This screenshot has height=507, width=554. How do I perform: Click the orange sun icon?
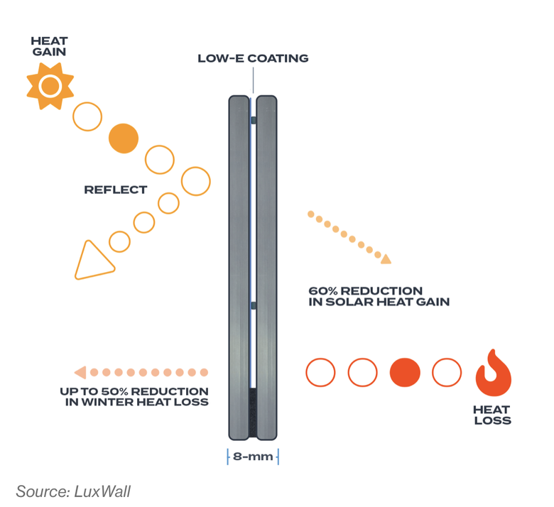(50, 87)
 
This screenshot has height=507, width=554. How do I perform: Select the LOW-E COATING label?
(253, 58)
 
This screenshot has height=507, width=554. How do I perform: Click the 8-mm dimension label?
(253, 457)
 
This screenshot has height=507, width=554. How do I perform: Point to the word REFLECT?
(115, 190)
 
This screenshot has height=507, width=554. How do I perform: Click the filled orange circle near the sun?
(123, 138)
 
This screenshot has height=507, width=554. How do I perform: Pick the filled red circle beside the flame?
(406, 372)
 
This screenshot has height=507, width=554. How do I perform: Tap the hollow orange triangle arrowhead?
(92, 261)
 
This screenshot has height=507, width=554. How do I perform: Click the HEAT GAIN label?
(49, 48)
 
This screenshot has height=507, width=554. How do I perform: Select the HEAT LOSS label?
(491, 415)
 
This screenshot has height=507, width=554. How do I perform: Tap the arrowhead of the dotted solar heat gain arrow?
(385, 259)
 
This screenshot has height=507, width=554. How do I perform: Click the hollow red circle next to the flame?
(447, 372)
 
